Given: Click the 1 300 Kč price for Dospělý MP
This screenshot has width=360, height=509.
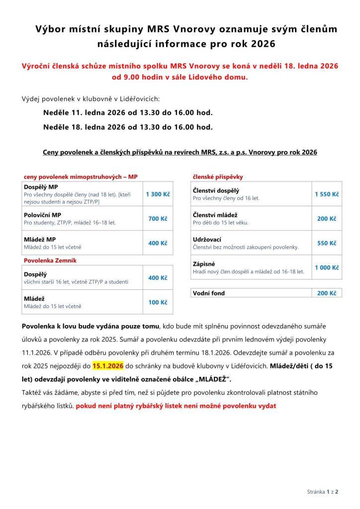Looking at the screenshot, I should coord(158,194).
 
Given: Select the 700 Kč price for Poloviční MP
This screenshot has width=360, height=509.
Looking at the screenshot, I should coord(158,219).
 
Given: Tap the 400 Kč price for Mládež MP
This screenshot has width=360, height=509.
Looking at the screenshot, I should coord(158,243).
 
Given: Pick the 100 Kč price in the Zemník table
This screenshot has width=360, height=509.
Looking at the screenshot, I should coord(158,302).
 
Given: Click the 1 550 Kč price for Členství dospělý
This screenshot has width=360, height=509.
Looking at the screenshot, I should coord(327,194).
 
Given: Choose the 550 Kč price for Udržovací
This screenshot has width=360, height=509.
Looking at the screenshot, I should coord(327,243).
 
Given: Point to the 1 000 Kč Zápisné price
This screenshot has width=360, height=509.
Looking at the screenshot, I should coord(327,267).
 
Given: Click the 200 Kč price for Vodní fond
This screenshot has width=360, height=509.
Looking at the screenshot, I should coord(327,293).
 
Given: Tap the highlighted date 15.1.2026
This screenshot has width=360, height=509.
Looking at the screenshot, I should coord(108,366).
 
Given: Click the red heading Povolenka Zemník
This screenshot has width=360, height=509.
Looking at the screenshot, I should coord(50,260).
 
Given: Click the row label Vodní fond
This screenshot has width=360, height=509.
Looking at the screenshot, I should coord(209,293).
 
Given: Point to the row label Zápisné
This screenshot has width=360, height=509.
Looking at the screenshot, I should coord(204,264).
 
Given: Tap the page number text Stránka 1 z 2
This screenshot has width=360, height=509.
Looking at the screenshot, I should coord(323,492).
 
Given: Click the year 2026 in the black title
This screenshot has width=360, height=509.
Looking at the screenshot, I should coord(263,44).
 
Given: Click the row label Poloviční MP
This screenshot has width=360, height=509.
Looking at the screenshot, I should coord(43,215).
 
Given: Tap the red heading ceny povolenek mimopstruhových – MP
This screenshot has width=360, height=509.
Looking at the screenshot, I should coord(81,176).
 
